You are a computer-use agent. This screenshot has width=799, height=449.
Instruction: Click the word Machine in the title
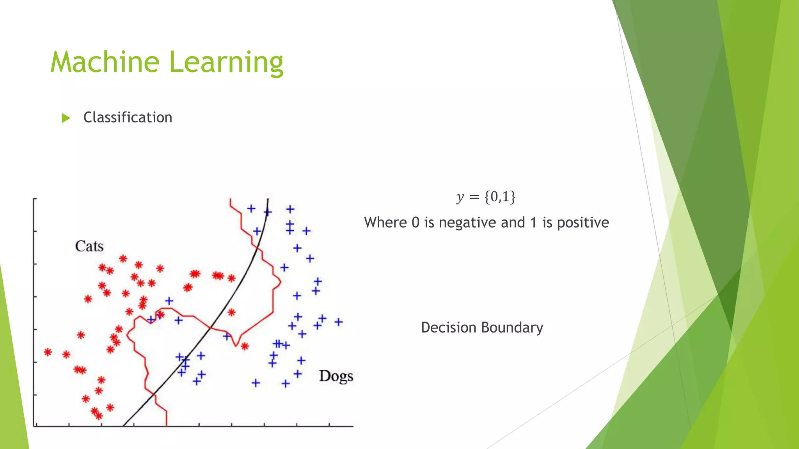[105, 62]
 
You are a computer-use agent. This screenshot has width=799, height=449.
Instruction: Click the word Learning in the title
[226, 62]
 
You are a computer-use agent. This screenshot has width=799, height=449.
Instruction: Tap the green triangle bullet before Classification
[66, 118]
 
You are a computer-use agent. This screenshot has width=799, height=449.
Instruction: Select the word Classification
[128, 117]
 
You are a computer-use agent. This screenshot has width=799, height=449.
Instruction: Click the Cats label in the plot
[89, 246]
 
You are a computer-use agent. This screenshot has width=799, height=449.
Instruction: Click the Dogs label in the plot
[336, 376]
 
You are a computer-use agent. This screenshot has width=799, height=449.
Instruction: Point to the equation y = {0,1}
[486, 197]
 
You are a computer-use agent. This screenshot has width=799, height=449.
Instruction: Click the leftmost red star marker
[48, 352]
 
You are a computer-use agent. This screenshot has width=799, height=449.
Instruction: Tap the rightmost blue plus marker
[339, 322]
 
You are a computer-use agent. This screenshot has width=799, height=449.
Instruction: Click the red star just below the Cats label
[123, 258]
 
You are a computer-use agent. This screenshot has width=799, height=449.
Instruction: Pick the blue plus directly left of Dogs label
[298, 374]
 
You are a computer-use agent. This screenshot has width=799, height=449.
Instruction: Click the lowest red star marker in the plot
[99, 416]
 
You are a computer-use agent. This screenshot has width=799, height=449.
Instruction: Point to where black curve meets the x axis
[123, 426]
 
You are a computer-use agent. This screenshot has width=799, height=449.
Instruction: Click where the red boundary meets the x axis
[167, 426]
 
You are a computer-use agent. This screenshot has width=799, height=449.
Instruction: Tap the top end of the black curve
[268, 200]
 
